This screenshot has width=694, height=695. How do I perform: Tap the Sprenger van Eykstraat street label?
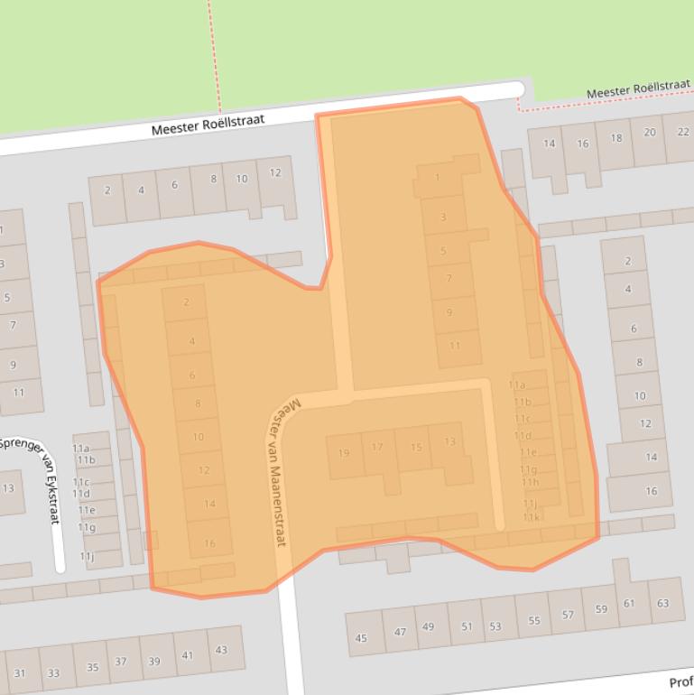pyautogui.click(x=34, y=479)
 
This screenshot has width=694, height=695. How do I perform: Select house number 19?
pyautogui.click(x=343, y=452)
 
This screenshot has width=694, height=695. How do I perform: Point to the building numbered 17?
pyautogui.click(x=377, y=447)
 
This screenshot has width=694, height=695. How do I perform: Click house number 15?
pyautogui.click(x=415, y=447)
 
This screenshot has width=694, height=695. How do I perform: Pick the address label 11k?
pyautogui.click(x=532, y=517)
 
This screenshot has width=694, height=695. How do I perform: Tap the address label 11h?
pyautogui.click(x=530, y=482)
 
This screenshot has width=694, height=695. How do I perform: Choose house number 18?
pyautogui.click(x=615, y=138)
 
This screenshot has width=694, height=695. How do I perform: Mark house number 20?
pyautogui.click(x=650, y=133)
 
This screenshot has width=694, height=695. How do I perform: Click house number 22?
pyautogui.click(x=682, y=131)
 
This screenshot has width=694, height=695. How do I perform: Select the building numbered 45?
pyautogui.click(x=361, y=638)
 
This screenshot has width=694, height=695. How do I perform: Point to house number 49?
pyautogui.click(x=428, y=627)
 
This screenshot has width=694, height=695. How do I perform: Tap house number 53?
pyautogui.click(x=495, y=625)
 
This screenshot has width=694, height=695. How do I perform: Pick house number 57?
pyautogui.click(x=567, y=615)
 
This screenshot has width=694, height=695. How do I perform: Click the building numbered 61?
pyautogui.click(x=629, y=603)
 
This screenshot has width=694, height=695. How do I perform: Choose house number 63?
pyautogui.click(x=663, y=602)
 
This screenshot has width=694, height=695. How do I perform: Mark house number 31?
pyautogui.click(x=20, y=673)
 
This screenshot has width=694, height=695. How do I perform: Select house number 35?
pyautogui.click(x=92, y=667)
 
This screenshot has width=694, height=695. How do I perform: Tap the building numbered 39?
pyautogui.click(x=154, y=662)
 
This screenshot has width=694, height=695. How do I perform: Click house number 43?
pyautogui.click(x=221, y=649)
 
